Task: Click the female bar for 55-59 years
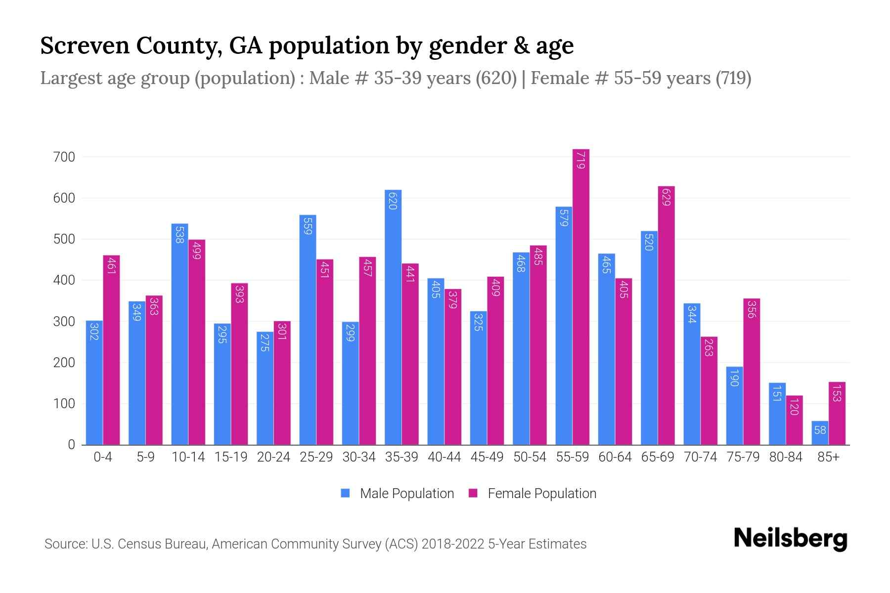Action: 581,296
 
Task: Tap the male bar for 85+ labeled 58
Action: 820,433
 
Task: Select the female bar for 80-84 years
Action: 794,420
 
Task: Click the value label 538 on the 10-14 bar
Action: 179,235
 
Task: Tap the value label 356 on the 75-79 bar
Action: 751,309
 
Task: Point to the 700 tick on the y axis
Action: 64,157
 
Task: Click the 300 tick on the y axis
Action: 64,322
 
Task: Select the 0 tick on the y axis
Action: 71,445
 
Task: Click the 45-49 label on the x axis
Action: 487,457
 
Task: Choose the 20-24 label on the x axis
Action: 273,457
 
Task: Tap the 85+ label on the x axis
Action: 828,457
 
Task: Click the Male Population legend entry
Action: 397,493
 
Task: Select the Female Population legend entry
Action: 533,493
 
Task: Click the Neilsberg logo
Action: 790,539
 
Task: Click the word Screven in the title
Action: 84,46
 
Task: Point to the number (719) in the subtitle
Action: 733,78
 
